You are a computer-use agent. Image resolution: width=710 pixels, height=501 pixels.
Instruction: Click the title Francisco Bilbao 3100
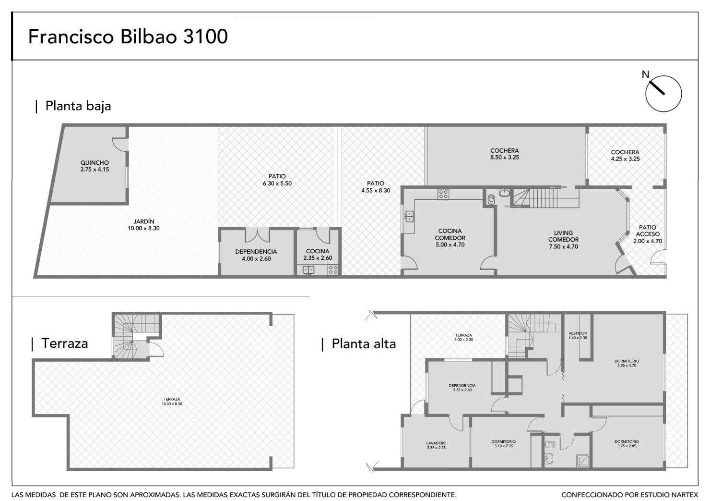[128, 37]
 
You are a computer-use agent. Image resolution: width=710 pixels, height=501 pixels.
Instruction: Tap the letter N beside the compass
[645, 74]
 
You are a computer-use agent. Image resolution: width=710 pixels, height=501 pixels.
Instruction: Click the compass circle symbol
[663, 94]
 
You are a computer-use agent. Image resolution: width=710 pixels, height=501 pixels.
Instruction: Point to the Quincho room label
[95, 166]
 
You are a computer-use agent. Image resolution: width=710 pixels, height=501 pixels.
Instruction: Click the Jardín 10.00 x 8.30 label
[143, 225]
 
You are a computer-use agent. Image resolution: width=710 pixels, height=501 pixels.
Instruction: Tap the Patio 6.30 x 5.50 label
[277, 180]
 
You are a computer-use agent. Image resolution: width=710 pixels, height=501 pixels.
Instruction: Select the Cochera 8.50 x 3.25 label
[505, 154]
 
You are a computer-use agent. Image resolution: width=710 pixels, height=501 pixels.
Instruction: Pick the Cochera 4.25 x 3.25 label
[625, 156]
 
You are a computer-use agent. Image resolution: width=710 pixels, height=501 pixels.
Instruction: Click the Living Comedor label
[563, 240]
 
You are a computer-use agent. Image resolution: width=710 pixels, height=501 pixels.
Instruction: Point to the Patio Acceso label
[648, 234]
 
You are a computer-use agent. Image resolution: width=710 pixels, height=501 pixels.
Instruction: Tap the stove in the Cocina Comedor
[443, 194]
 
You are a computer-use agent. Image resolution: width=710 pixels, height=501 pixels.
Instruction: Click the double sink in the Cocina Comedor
[410, 216]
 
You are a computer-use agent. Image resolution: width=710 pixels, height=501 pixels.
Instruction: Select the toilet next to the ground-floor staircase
[491, 199]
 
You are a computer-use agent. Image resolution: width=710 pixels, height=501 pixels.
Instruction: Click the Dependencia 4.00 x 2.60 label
[256, 255]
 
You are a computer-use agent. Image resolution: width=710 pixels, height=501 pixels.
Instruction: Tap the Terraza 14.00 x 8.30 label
[172, 402]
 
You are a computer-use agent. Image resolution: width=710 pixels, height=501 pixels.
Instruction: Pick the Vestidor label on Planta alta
[578, 335]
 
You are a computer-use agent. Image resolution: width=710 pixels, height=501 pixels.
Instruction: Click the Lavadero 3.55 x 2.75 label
[436, 445]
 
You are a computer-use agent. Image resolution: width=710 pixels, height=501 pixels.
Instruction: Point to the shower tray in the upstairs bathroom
[582, 460]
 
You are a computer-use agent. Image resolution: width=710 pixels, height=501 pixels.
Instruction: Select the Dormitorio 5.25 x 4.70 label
[627, 363]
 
